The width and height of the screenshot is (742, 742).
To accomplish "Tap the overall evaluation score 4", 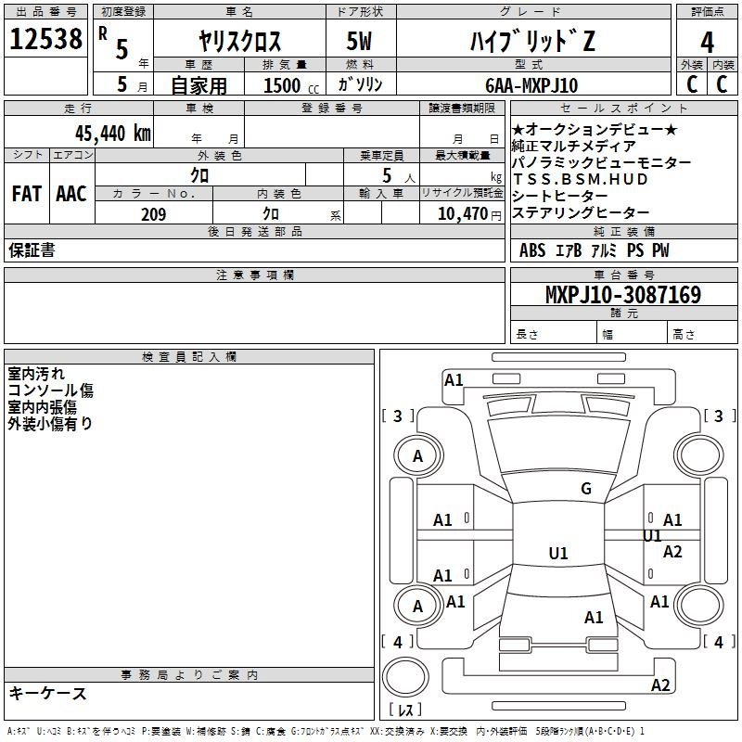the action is [707, 42].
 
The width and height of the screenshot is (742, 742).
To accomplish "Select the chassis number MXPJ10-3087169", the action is [622, 295].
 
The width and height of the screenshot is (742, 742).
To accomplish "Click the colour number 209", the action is [153, 214].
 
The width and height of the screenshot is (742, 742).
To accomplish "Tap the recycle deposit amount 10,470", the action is [461, 214].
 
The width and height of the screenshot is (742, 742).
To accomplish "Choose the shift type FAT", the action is [26, 194].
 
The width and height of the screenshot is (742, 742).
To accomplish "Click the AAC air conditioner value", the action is [70, 194].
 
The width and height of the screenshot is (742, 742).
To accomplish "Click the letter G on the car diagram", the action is [586, 489].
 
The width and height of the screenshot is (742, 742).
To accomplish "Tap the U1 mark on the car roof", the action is [557, 554].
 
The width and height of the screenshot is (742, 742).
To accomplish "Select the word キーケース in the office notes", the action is [48, 693].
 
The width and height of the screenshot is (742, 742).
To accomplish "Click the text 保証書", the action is [32, 250].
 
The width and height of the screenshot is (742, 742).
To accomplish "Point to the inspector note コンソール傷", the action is [50, 390].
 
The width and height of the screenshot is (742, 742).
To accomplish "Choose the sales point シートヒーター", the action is [559, 196].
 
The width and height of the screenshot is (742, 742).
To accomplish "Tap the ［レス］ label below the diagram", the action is [405, 711].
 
